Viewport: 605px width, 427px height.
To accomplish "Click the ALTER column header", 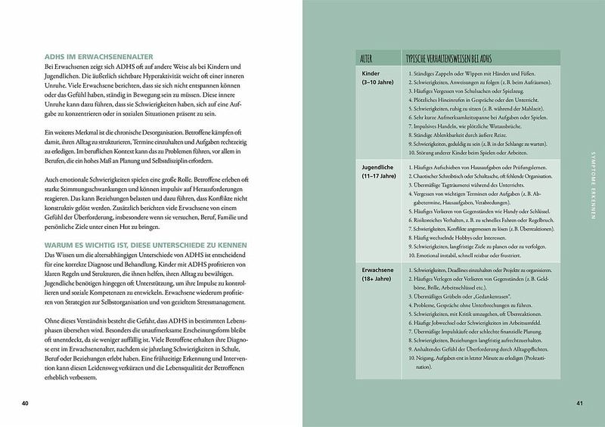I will tap(366, 57).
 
